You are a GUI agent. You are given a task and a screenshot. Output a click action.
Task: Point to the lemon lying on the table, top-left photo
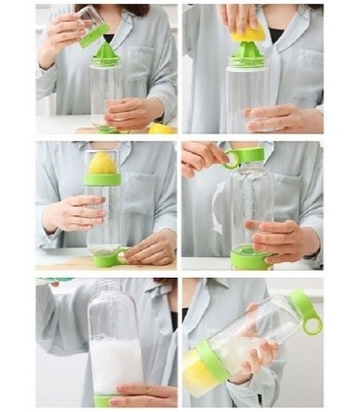tap(160, 127)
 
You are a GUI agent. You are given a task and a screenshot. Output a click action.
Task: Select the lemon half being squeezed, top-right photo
tap(249, 33)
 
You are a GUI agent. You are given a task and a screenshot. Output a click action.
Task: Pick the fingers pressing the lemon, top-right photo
tap(239, 16)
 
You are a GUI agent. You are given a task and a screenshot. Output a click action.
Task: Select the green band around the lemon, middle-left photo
tap(102, 179)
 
